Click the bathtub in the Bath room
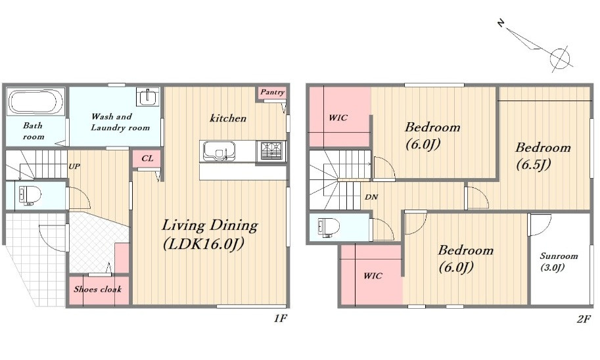36,101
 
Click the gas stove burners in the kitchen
271,150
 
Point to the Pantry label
273,92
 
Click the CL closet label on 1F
147,158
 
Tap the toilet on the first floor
30,196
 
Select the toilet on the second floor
329,228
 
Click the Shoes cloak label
97,289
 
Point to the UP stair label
74,166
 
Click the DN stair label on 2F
371,197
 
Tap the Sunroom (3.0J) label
558,261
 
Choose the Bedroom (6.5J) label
543,155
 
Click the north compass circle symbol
560,58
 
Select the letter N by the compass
501,24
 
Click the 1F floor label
281,319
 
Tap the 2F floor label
584,319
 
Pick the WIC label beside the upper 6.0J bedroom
338,118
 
